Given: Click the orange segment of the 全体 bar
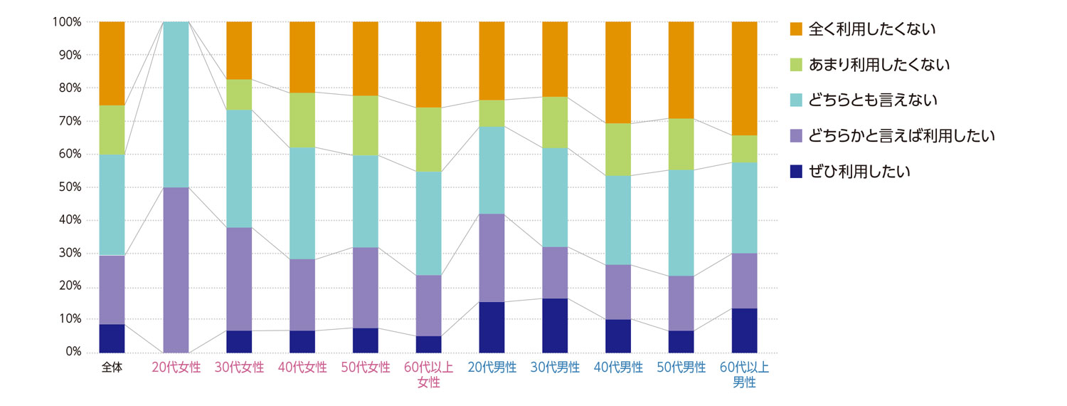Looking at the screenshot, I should coord(112,63).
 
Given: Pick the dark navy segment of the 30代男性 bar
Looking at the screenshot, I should coord(555,326).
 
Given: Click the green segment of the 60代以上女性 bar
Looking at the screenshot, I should coord(428,140).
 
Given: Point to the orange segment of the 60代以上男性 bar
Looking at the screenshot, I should coord(744,78).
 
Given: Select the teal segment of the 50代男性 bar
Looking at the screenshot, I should coord(681,223).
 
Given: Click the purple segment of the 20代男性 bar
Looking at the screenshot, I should coord(492,258).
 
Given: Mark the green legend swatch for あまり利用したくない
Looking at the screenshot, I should coord(796,65).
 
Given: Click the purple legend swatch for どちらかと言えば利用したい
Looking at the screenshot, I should coord(796,136).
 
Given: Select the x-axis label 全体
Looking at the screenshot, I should coord(112,368).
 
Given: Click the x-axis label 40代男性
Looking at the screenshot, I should coord(618,368).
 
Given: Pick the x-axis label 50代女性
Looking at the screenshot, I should coord(366,368).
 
